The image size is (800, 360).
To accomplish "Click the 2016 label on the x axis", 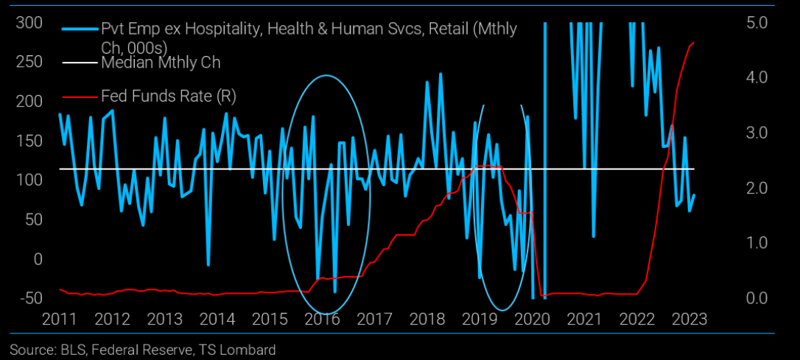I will point(321,320).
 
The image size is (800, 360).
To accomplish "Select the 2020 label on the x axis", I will point(530,320).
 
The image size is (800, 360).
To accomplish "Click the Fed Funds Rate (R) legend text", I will point(168,96).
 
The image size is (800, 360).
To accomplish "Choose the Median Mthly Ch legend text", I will point(160,63).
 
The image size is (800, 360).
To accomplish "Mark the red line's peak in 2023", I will point(694,43).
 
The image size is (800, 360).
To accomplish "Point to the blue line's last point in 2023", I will point(694,195).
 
